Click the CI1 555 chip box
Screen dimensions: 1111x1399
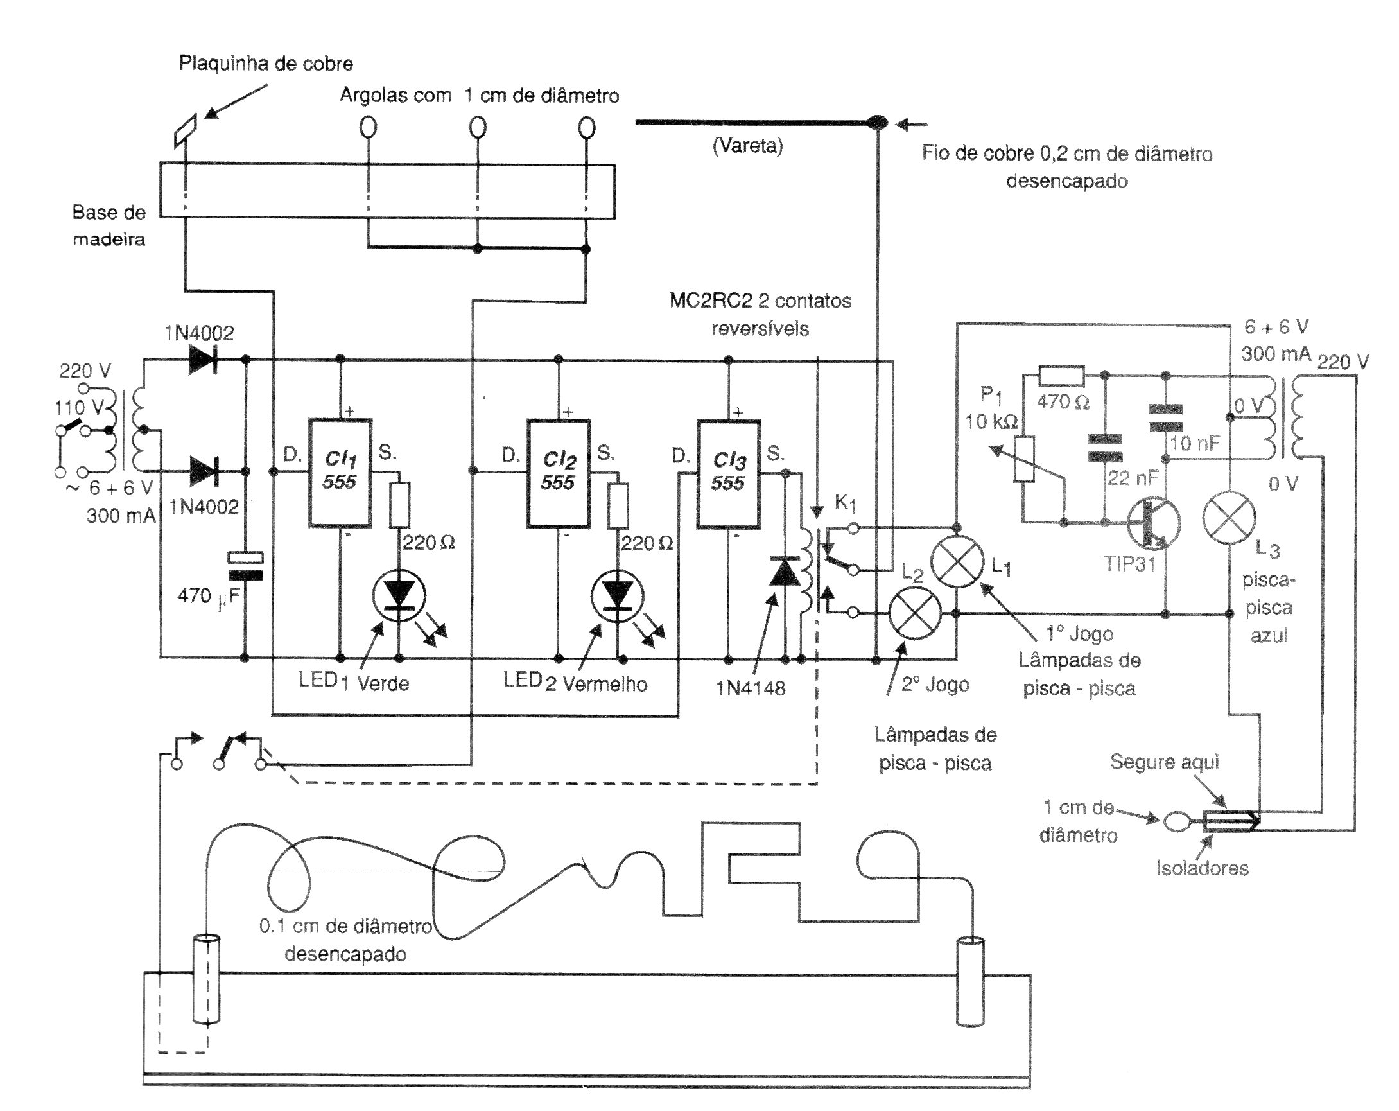pos(340,473)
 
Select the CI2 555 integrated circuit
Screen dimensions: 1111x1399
pos(558,473)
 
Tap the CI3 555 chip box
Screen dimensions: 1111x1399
pos(728,473)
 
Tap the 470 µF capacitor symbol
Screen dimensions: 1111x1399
pos(245,566)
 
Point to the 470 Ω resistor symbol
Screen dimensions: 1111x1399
pos(1061,376)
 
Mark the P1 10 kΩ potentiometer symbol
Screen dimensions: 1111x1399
pos(1024,459)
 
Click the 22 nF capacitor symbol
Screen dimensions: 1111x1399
pos(1105,448)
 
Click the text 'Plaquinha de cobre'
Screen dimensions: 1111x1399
pos(266,64)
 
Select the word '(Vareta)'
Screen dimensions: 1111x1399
pos(747,145)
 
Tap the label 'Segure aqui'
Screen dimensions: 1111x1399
pos(1164,761)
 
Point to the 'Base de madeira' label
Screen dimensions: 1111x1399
pos(109,226)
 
